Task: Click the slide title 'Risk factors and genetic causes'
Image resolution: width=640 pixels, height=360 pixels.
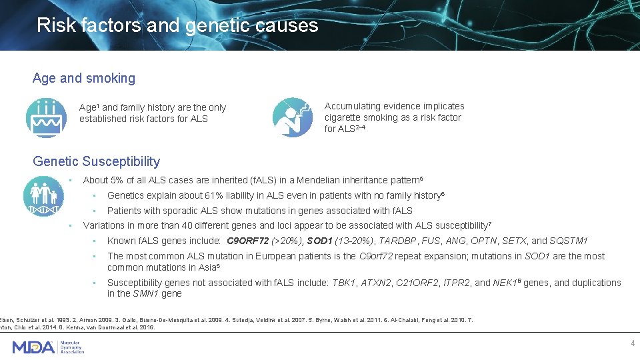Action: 177,25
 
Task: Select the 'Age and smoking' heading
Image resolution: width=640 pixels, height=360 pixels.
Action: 84,78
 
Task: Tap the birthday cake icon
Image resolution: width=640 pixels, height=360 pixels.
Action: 46,117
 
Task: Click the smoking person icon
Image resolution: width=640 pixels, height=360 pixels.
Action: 293,117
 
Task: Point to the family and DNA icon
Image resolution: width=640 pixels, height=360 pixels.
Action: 44,196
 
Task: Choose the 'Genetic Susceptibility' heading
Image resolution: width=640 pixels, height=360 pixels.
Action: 97,161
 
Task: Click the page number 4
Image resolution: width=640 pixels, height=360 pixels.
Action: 633,343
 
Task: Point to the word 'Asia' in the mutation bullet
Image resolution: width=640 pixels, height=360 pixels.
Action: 207,267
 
